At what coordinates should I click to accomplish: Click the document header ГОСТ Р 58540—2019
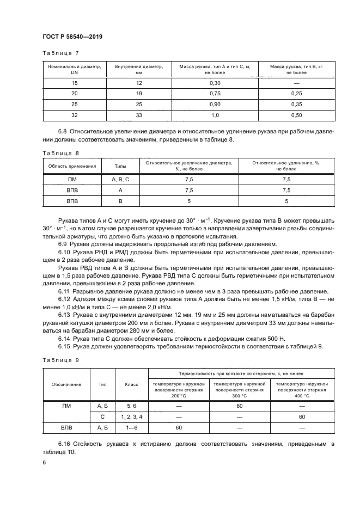(x=72, y=36)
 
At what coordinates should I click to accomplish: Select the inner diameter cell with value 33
(x=138, y=115)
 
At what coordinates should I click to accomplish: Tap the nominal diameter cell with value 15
(x=75, y=82)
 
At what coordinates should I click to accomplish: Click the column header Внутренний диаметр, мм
(x=138, y=69)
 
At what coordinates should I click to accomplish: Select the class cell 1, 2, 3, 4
(x=131, y=416)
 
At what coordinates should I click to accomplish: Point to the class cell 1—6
(x=131, y=428)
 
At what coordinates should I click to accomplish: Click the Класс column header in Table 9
(x=131, y=384)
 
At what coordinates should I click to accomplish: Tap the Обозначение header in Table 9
(x=67, y=384)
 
